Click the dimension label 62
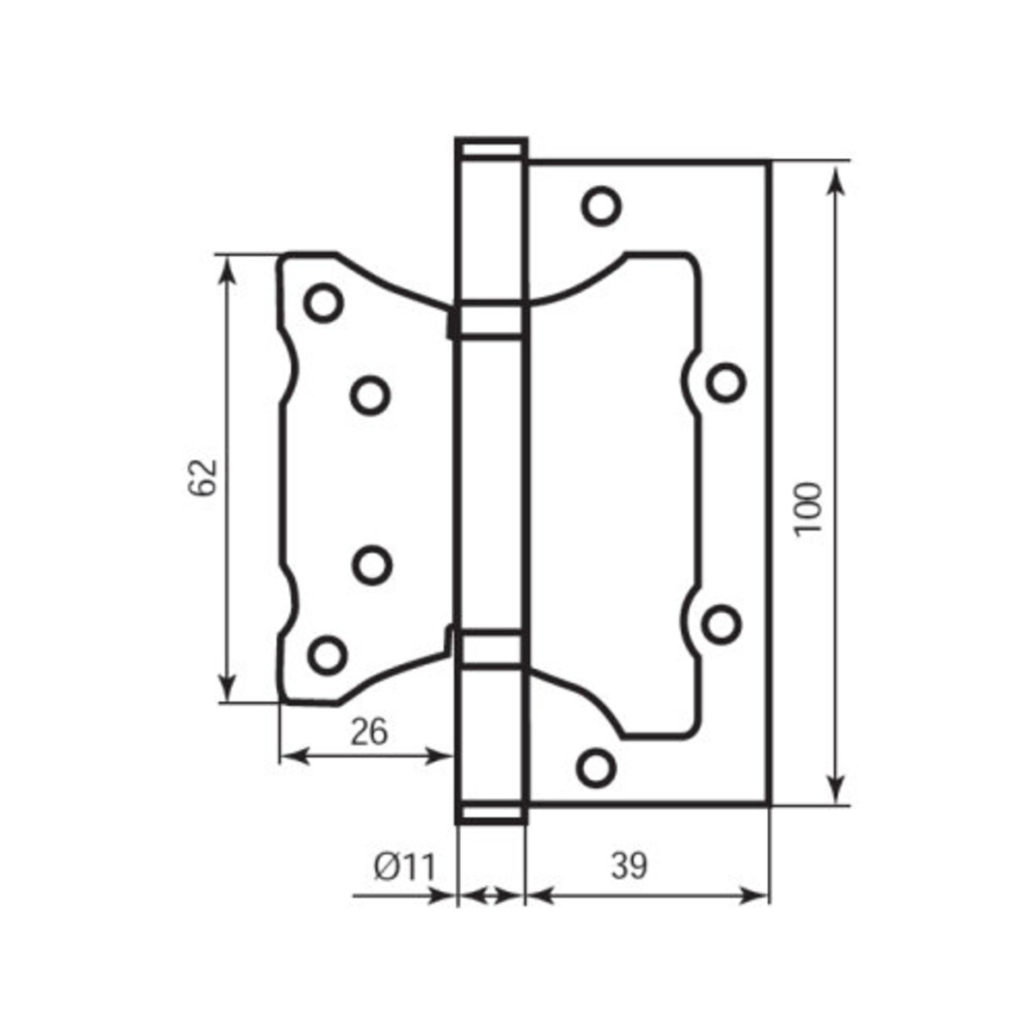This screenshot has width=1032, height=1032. (x=204, y=476)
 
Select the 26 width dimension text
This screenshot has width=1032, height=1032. (x=369, y=732)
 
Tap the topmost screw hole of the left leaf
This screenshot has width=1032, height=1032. (x=323, y=303)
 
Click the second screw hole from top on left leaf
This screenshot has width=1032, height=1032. (x=370, y=396)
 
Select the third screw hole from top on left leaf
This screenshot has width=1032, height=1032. (x=372, y=566)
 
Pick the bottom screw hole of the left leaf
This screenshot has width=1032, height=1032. (x=327, y=655)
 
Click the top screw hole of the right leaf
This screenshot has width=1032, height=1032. (x=601, y=206)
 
